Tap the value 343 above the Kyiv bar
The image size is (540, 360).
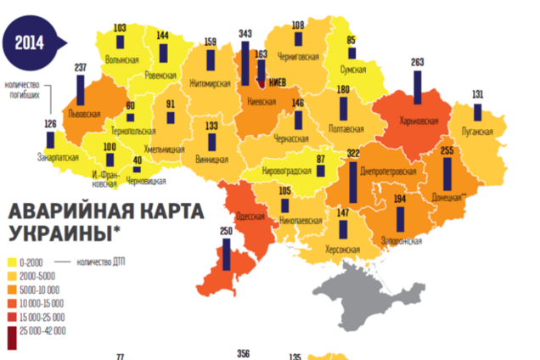pyautogui.click(x=245, y=33)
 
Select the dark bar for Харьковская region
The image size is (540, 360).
pyautogui.click(x=417, y=94)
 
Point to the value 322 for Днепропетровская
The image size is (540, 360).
pyautogui.click(x=353, y=152)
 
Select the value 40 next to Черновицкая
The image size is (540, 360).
pyautogui.click(x=137, y=160)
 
